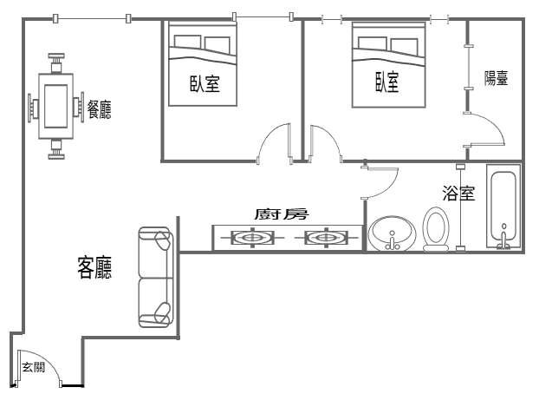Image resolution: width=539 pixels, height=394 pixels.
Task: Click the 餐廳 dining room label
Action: click(x=99, y=109)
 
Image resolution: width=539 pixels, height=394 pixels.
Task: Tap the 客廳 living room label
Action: click(x=94, y=267)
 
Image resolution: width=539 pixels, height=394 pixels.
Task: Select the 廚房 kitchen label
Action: click(x=282, y=213)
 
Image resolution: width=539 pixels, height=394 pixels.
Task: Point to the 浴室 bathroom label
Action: click(x=458, y=194)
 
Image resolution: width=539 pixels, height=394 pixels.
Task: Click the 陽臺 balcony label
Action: click(x=496, y=78)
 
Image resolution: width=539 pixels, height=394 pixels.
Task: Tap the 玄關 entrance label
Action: click(x=33, y=367)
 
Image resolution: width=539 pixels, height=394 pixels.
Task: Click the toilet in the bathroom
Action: click(x=436, y=229)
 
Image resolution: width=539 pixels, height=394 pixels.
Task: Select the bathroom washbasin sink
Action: click(x=393, y=233)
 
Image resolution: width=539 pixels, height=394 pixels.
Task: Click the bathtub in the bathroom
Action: click(x=503, y=206)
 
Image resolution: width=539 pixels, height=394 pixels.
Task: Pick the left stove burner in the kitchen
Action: click(x=253, y=238)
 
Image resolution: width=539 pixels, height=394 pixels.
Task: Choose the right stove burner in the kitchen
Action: click(x=326, y=238)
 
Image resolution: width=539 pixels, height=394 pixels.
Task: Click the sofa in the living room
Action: click(x=155, y=277)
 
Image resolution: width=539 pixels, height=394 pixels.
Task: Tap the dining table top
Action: click(x=55, y=106)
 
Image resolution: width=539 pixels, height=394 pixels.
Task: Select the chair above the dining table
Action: click(x=56, y=63)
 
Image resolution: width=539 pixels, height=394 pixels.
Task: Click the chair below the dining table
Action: click(x=56, y=148)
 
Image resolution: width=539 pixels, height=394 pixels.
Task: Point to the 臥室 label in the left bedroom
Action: click(x=205, y=83)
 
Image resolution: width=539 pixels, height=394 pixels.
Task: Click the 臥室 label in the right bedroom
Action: click(x=387, y=82)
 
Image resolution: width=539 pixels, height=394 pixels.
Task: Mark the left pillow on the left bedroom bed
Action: click(x=188, y=43)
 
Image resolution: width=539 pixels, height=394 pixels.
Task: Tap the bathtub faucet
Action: click(x=503, y=237)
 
